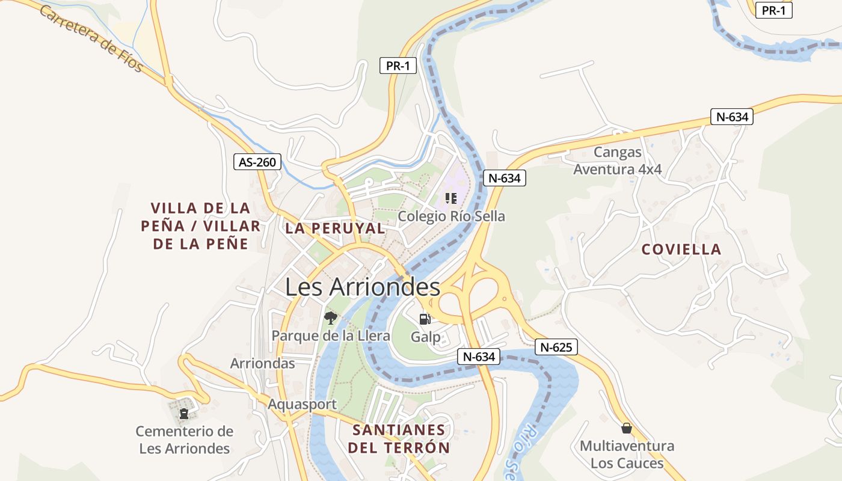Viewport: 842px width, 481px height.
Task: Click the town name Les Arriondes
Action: pos(362,287)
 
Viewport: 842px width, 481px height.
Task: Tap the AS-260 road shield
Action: pos(257,162)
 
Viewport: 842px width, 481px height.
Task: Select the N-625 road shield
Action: pos(556,347)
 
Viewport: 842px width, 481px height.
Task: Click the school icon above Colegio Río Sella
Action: pos(451,198)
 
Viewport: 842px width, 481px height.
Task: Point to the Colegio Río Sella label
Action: pos(451,216)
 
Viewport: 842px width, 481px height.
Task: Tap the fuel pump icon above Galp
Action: pos(425,319)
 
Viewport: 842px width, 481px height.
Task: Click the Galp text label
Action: pos(426,337)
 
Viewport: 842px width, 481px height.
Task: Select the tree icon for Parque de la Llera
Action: pos(330,317)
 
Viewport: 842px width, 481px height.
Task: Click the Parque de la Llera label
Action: pos(331,335)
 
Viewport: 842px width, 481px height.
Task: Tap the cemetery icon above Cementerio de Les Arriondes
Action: pos(183,413)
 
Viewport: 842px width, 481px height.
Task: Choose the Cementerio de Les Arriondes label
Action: pos(184,440)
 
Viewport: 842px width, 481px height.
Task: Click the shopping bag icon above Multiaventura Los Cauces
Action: pos(627,428)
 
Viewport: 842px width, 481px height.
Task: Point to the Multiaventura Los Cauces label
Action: pos(627,455)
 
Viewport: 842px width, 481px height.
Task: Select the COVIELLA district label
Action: pos(681,250)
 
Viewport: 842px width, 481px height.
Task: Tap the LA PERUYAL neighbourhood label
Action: pos(335,228)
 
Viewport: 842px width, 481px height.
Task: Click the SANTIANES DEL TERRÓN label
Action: pos(399,439)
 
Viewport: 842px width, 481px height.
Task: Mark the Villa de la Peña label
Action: pos(200,226)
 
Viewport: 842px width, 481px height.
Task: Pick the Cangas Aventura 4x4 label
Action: pos(618,161)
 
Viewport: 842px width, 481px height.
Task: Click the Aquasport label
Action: pos(302,404)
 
